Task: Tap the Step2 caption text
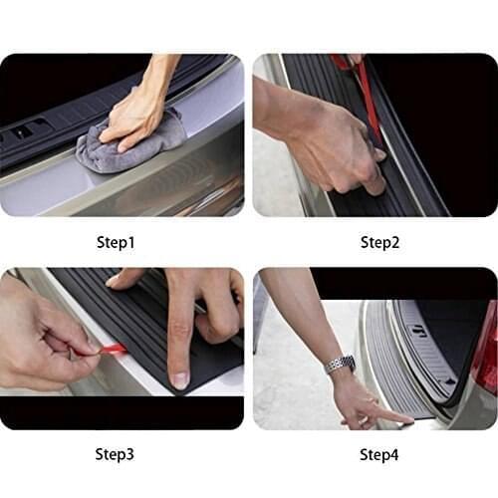(x=378, y=242)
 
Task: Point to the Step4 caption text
(x=378, y=454)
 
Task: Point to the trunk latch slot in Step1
(x=30, y=129)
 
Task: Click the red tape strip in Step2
(x=367, y=100)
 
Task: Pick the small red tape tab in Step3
(x=112, y=349)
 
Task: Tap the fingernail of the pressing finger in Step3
(x=179, y=379)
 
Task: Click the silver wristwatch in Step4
(x=340, y=364)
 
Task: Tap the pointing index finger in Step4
(x=388, y=414)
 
